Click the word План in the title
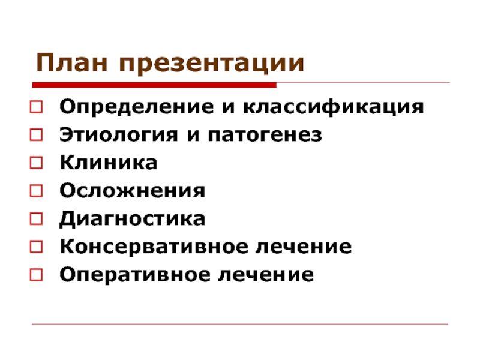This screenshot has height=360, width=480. (x=72, y=63)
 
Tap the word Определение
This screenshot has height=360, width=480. (x=137, y=107)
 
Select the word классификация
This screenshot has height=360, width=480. (x=334, y=107)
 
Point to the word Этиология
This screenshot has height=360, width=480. (x=118, y=134)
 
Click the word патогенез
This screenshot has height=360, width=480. (x=265, y=135)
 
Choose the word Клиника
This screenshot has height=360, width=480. (x=109, y=162)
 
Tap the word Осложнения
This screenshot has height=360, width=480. (x=132, y=190)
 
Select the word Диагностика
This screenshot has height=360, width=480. (x=132, y=219)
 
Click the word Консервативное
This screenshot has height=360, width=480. (x=154, y=247)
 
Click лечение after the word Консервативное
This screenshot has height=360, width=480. (x=304, y=247)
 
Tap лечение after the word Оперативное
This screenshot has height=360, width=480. (x=266, y=275)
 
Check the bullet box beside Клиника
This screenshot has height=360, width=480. (x=36, y=163)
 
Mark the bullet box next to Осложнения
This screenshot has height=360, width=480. (x=36, y=191)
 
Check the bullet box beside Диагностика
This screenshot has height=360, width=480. (x=36, y=219)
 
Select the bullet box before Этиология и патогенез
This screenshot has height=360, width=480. (x=36, y=134)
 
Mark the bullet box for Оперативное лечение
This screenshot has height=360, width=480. (x=36, y=275)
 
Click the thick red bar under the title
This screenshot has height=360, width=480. (x=154, y=85)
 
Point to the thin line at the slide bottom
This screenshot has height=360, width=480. (x=240, y=324)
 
